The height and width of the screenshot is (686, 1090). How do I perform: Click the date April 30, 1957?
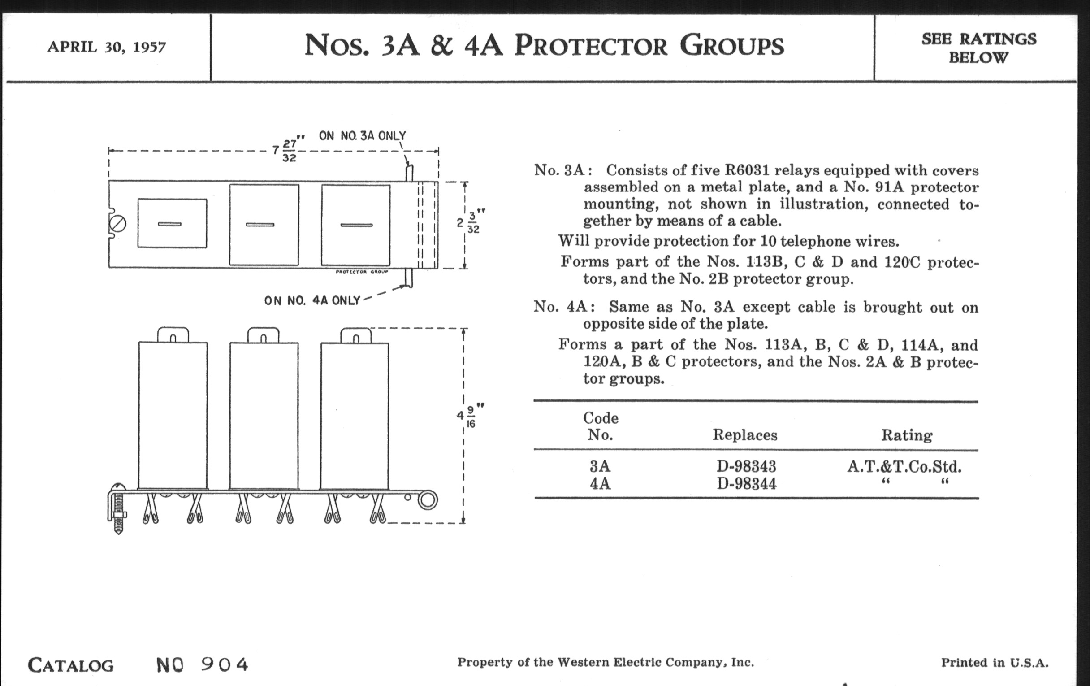(106, 47)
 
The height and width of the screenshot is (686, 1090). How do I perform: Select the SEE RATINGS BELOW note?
(979, 48)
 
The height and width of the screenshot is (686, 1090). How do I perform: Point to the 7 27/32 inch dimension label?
(288, 150)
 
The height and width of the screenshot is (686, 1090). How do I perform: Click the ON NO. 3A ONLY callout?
(362, 135)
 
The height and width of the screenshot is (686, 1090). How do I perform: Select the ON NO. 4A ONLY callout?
(312, 301)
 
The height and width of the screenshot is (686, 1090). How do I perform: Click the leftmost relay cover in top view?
(172, 223)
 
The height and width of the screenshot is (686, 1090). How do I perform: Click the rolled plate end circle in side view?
(427, 501)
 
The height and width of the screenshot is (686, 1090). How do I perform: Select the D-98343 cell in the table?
(746, 466)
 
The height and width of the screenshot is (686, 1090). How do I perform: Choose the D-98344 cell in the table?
(746, 484)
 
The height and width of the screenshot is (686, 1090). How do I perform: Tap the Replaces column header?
(744, 435)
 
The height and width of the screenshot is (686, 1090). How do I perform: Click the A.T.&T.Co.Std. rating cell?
(904, 466)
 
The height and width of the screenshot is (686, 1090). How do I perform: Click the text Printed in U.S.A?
(995, 663)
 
